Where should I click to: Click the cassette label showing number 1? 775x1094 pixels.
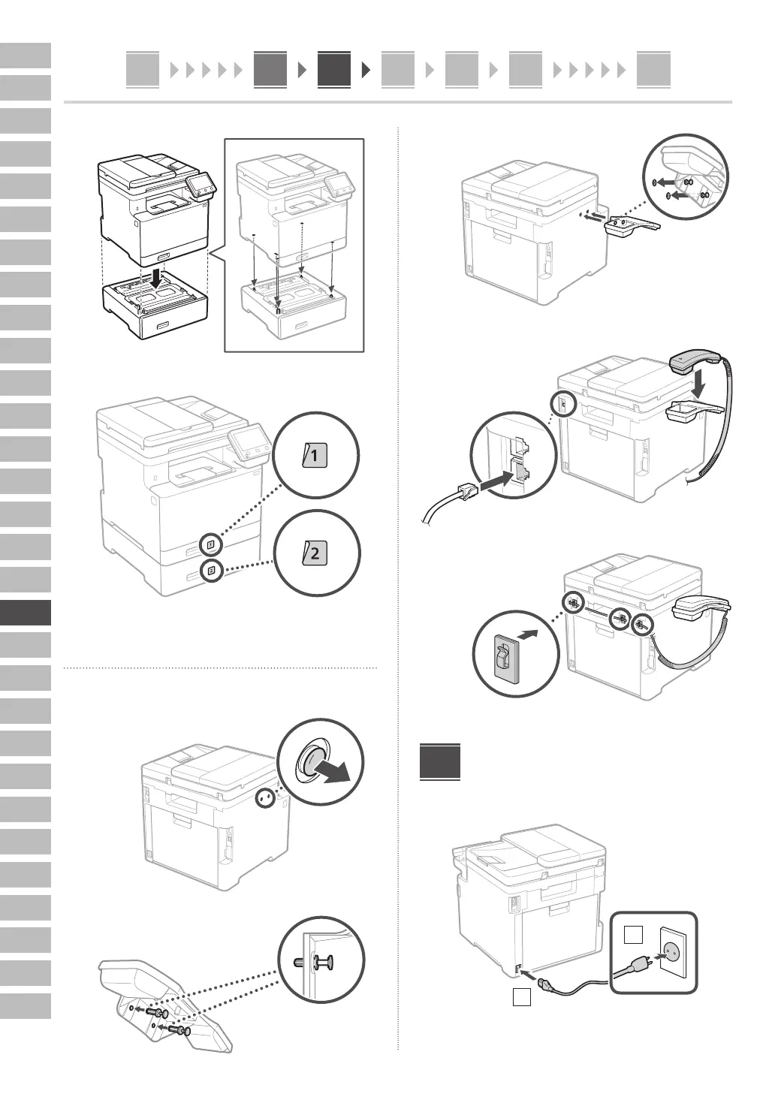click(315, 456)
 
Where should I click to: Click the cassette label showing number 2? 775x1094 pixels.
click(315, 554)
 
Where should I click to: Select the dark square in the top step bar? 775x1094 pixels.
click(334, 70)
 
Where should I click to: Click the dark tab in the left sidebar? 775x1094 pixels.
click(26, 613)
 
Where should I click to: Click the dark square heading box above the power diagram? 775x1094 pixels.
click(440, 762)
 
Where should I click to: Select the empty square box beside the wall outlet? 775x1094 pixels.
click(633, 935)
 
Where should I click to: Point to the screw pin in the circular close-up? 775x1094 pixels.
click(323, 962)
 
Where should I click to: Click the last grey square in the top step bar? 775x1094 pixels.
click(653, 70)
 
